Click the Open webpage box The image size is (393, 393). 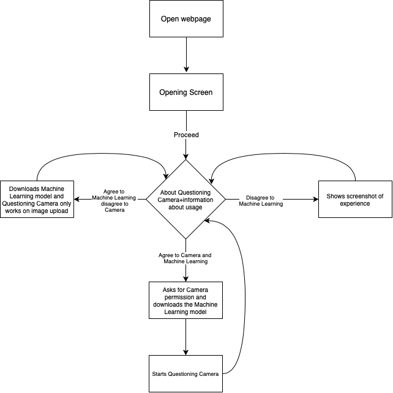(x=185, y=18)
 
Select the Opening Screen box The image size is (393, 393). (x=185, y=92)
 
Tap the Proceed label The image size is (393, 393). (x=185, y=135)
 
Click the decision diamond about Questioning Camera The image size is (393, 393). (x=185, y=199)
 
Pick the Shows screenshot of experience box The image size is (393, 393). (x=355, y=199)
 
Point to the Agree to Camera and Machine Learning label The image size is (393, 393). (x=185, y=258)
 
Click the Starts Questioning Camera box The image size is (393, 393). (x=185, y=373)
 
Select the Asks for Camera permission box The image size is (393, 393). (x=185, y=300)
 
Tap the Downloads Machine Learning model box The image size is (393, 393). (x=37, y=199)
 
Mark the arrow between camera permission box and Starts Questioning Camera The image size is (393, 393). (x=185, y=337)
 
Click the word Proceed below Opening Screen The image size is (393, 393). (x=185, y=135)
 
